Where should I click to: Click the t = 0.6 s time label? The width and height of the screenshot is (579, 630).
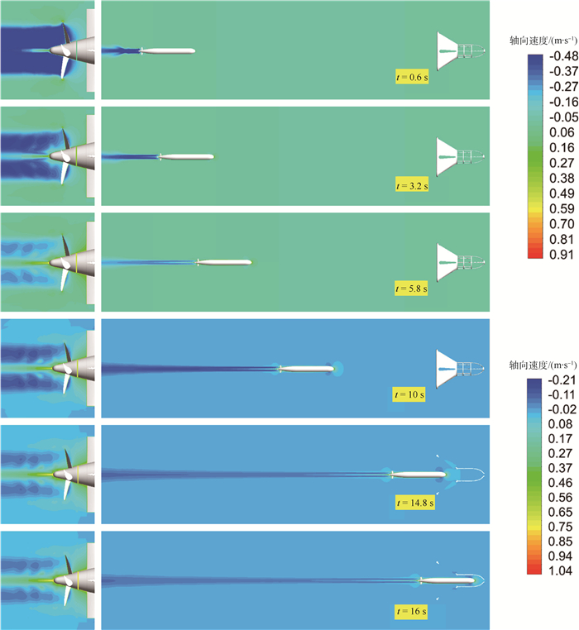(x=410, y=79)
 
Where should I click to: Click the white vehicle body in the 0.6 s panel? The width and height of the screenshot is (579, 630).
(x=170, y=51)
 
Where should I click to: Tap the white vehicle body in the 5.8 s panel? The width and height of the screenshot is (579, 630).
(x=226, y=263)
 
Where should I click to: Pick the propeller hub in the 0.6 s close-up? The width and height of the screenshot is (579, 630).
(x=60, y=50)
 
